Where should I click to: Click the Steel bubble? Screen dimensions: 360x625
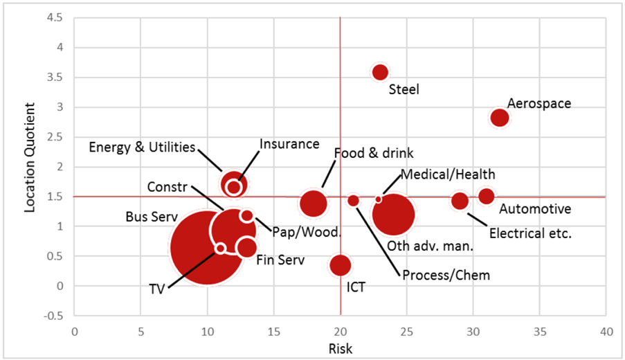(x=380, y=72)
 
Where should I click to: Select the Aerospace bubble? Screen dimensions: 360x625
(x=500, y=118)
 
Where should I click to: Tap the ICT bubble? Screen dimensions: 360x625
(x=340, y=265)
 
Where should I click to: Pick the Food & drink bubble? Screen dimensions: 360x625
(x=314, y=203)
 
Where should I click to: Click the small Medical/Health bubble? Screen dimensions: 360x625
(x=378, y=199)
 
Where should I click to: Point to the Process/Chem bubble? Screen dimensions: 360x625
(x=353, y=201)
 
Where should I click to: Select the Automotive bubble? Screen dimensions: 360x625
(x=487, y=197)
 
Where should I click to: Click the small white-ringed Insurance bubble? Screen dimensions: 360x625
(x=234, y=187)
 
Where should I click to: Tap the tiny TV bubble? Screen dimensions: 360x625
(x=220, y=249)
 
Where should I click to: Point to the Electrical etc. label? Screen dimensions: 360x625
(x=530, y=233)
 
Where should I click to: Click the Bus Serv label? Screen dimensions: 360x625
(x=152, y=217)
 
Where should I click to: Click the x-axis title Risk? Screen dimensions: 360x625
(x=341, y=349)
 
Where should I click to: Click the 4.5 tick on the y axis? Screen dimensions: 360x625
(x=59, y=19)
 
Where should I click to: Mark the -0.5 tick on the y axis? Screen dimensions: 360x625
(x=57, y=316)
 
